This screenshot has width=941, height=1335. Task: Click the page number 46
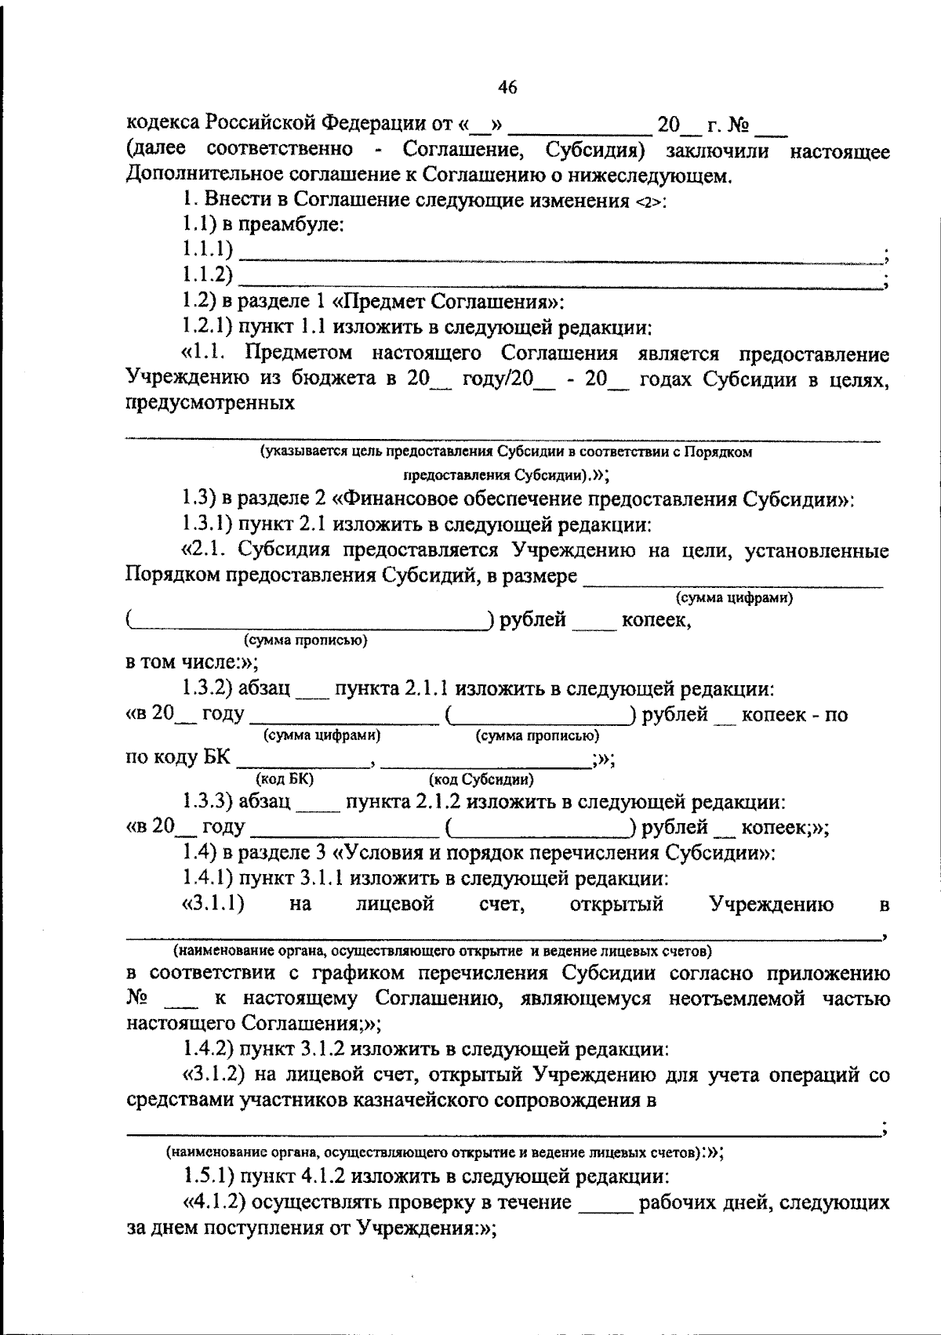[507, 88]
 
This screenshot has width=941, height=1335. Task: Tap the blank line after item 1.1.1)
[561, 253]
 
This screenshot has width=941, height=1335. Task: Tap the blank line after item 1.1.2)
[561, 278]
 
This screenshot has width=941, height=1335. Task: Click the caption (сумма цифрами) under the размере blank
[734, 598]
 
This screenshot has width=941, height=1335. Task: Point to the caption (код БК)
[285, 779]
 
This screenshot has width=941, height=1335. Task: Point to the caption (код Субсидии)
[481, 779]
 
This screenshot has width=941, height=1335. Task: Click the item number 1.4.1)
[208, 878]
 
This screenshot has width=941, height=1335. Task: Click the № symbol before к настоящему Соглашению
[138, 999]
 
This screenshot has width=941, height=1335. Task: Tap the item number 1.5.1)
[208, 1177]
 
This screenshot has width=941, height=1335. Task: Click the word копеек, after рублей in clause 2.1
[656, 622]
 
